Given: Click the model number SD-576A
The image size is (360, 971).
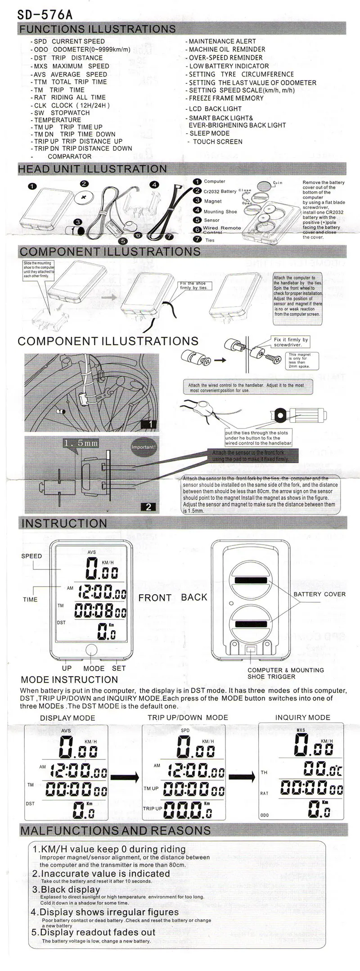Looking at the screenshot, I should [x=45, y=14].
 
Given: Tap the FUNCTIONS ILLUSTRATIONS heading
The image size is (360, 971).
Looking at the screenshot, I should [x=97, y=29].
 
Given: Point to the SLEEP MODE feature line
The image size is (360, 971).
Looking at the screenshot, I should [x=209, y=133].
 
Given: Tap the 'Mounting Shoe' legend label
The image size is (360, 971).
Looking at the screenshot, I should [x=220, y=211].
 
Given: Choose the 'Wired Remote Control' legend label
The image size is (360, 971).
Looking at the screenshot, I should [x=221, y=230].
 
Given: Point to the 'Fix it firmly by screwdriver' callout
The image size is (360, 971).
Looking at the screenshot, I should [x=291, y=342].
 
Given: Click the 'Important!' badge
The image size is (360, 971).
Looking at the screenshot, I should [x=143, y=447].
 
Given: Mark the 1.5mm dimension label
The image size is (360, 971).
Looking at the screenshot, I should [x=81, y=443].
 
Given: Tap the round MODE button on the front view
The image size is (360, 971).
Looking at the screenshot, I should [x=91, y=650].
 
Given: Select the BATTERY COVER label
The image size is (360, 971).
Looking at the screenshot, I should [x=319, y=594].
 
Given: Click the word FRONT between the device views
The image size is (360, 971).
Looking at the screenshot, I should [x=155, y=598].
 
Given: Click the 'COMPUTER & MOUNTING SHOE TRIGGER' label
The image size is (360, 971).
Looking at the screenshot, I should [x=285, y=673].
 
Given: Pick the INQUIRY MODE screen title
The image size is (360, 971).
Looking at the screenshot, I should [x=302, y=718].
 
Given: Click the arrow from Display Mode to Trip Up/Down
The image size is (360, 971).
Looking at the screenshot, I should [x=126, y=776].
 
